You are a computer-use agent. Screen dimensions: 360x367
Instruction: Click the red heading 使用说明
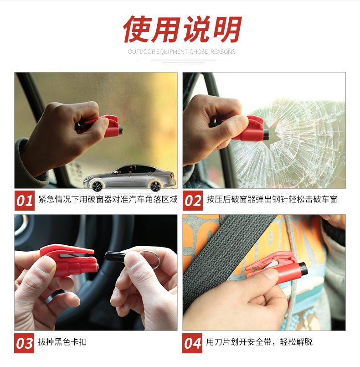[182, 29]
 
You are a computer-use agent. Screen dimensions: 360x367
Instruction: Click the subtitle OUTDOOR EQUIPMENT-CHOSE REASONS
[181, 52]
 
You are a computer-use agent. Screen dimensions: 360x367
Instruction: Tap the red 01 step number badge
[24, 201]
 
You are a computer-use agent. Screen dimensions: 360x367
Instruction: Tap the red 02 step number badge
[192, 201]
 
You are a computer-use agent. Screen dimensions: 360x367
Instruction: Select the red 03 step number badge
[24, 343]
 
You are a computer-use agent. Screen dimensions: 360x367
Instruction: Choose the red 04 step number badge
[192, 343]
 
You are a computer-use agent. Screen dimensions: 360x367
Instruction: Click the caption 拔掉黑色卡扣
[62, 342]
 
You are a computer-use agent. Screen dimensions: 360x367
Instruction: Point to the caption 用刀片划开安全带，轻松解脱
[259, 342]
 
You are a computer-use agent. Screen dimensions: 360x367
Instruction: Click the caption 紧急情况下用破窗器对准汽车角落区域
[108, 199]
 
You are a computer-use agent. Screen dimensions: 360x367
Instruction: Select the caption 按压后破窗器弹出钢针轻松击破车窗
[272, 199]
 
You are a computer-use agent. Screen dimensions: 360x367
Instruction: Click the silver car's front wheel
[97, 186]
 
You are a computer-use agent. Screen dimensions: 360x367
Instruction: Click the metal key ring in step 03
[150, 259]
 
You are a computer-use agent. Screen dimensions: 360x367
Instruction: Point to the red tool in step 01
[99, 126]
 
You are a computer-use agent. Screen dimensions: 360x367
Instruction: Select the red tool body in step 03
[69, 260]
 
